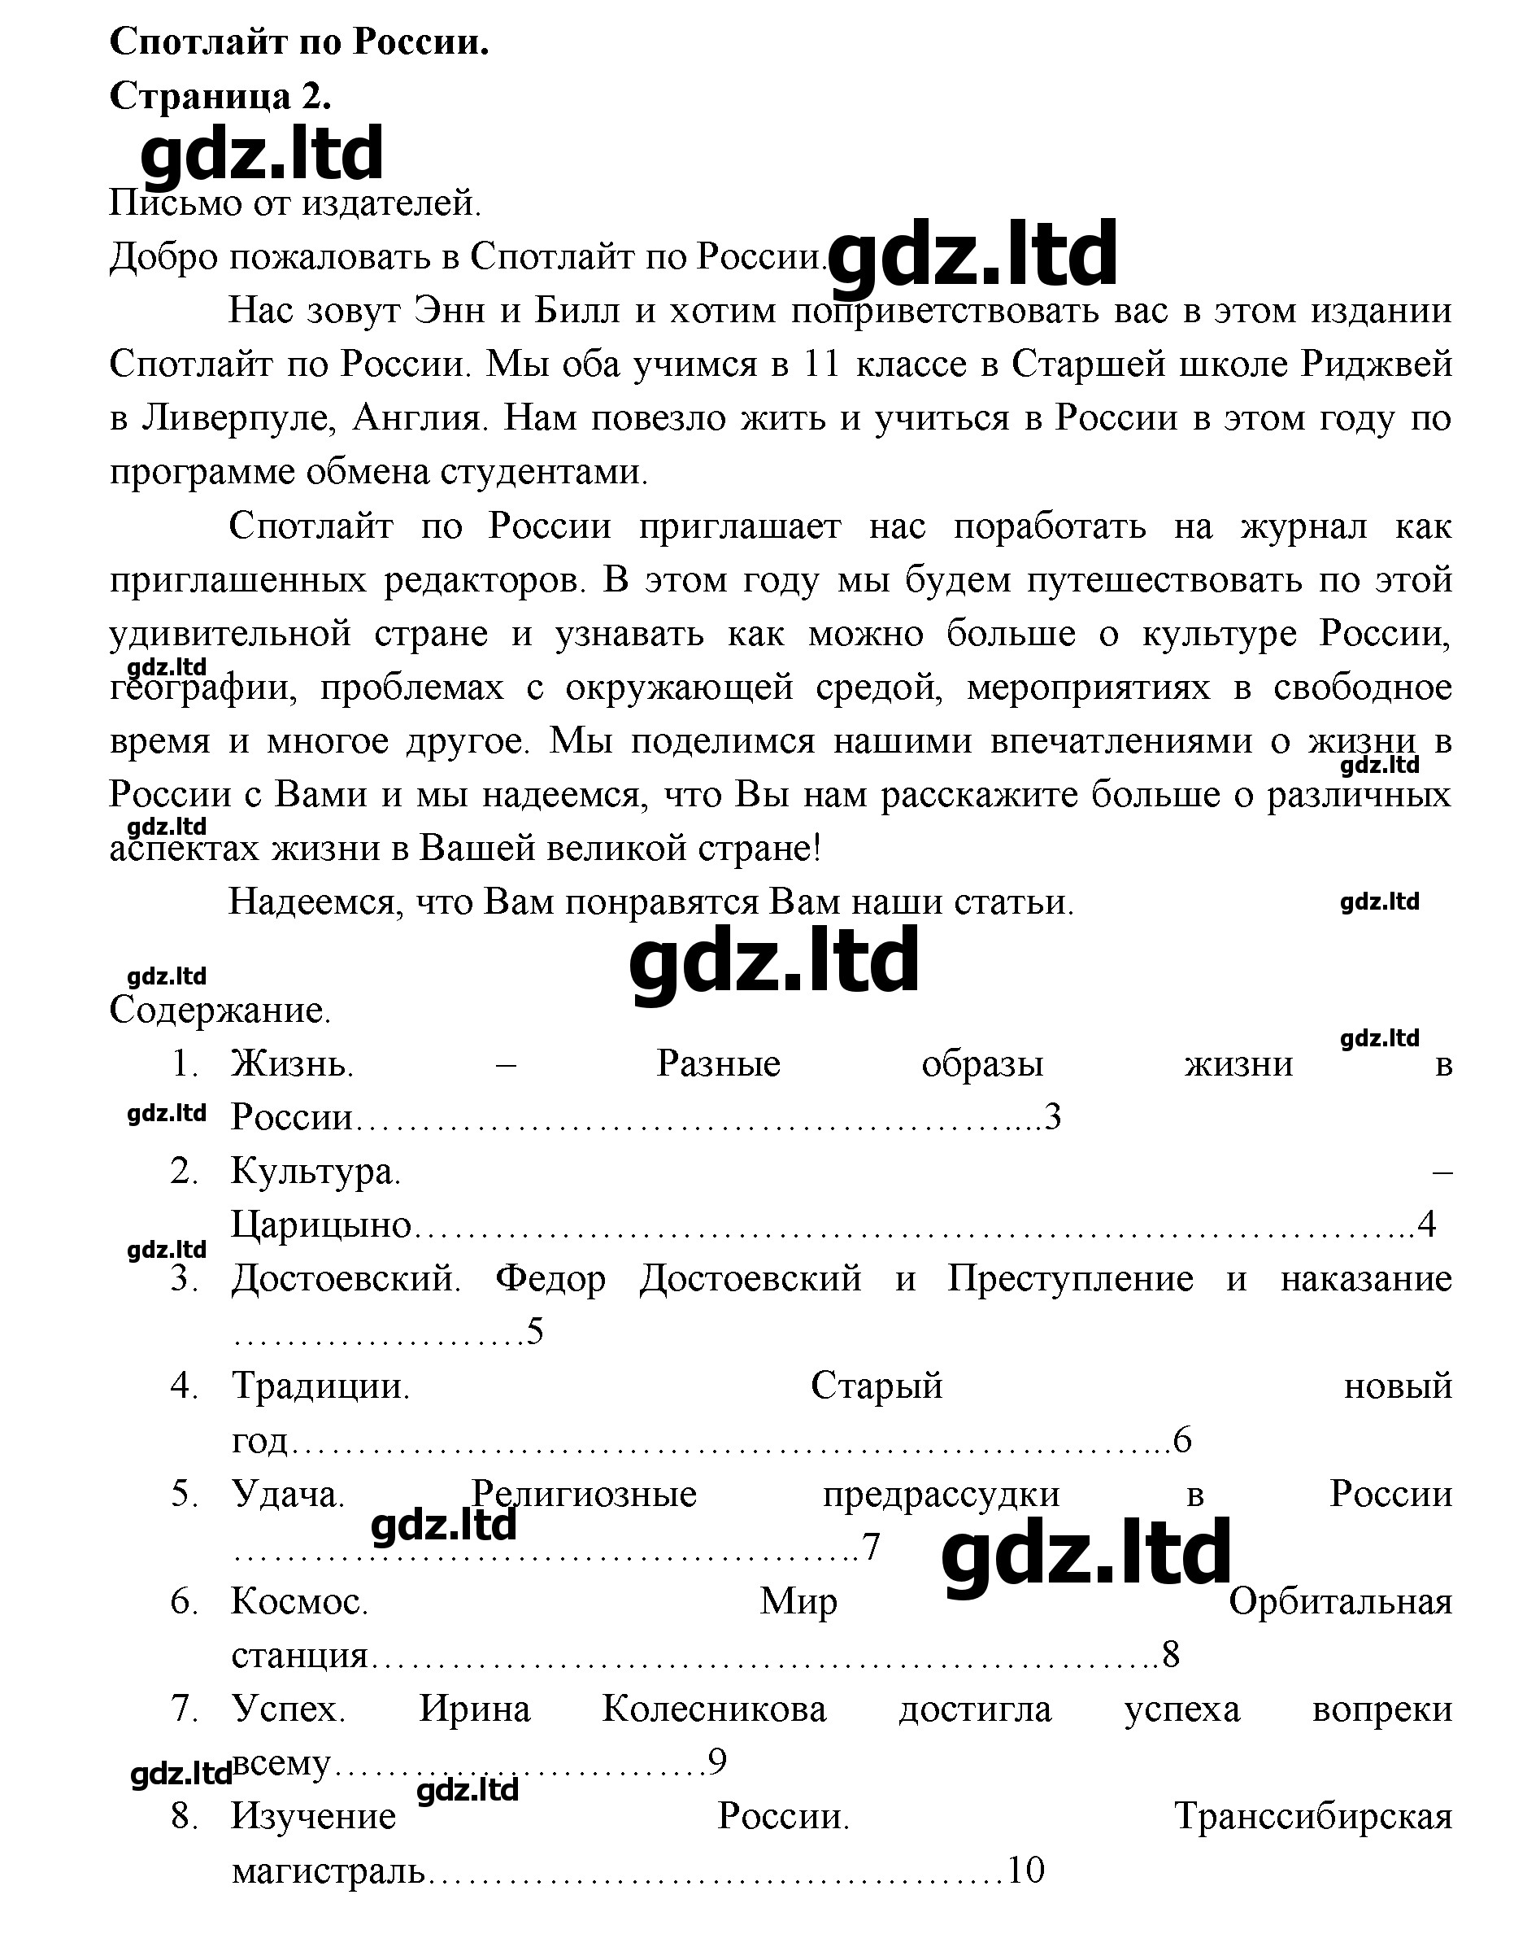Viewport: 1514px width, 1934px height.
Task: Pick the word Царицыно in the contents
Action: tap(322, 1225)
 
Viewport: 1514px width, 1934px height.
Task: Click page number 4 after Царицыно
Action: tap(1426, 1224)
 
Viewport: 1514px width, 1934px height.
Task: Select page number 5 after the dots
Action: tap(534, 1331)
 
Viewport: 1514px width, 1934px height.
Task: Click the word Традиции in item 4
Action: tap(320, 1385)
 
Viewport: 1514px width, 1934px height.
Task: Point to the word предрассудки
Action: tap(941, 1493)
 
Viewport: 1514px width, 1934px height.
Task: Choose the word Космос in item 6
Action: tap(299, 1600)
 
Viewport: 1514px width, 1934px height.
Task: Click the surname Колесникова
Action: tap(714, 1708)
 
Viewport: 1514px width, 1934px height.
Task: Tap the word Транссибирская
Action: tap(1313, 1816)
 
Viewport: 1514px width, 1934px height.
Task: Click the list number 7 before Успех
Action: tap(184, 1708)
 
